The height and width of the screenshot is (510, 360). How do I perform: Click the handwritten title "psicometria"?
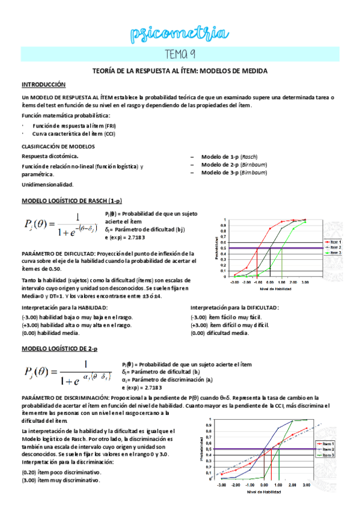click(x=180, y=34)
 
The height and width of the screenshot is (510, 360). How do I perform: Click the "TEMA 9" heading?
click(x=180, y=55)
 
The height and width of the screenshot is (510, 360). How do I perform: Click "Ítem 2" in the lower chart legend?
click(x=326, y=449)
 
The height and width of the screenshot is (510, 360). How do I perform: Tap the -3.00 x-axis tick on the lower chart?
click(x=221, y=485)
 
